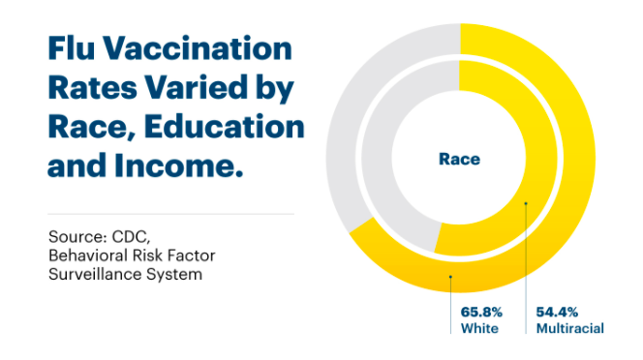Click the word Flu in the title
[x=72, y=48]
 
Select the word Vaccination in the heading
[x=198, y=48]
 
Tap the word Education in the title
[x=224, y=127]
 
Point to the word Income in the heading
[x=179, y=165]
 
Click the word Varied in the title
[x=197, y=87]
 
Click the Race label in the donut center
[x=459, y=159]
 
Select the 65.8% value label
[x=481, y=312]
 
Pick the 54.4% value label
[x=557, y=312]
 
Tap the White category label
[x=479, y=328]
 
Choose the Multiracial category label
[x=570, y=328]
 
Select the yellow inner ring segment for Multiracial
[x=541, y=158]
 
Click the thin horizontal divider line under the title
[x=171, y=214]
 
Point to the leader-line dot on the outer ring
[x=450, y=277]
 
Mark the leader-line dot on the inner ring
[x=526, y=203]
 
